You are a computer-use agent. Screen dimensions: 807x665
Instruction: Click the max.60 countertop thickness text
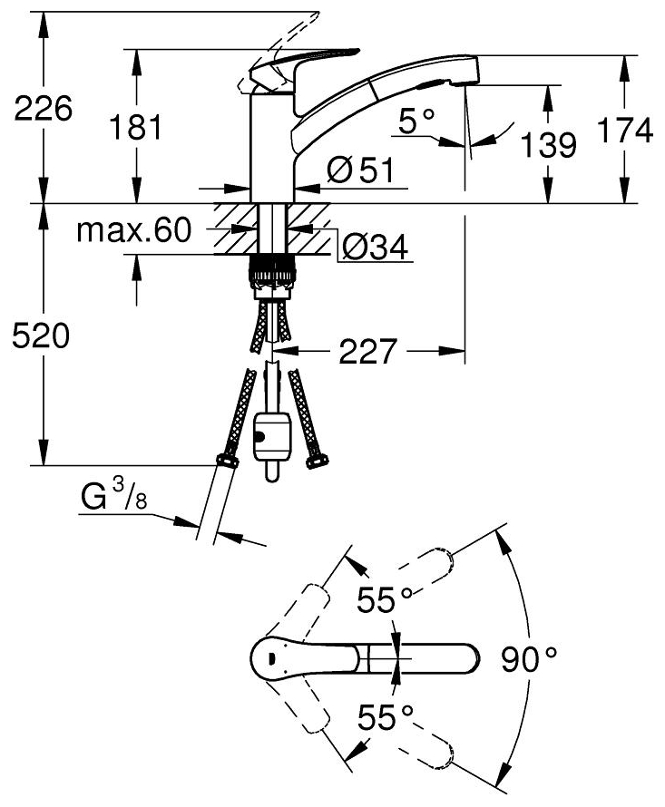click(133, 230)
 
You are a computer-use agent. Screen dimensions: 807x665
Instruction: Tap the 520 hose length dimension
click(37, 336)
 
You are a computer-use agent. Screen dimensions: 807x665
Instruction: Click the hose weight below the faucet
click(271, 439)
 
